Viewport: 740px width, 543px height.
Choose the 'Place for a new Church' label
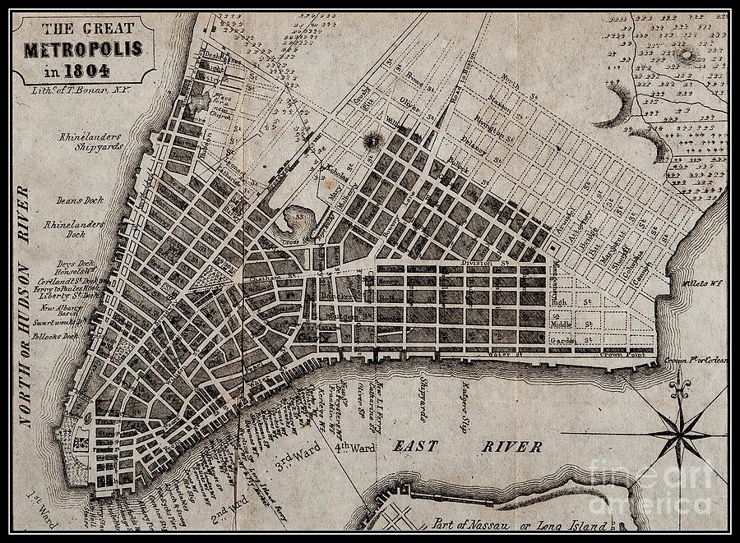[x=221, y=104]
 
